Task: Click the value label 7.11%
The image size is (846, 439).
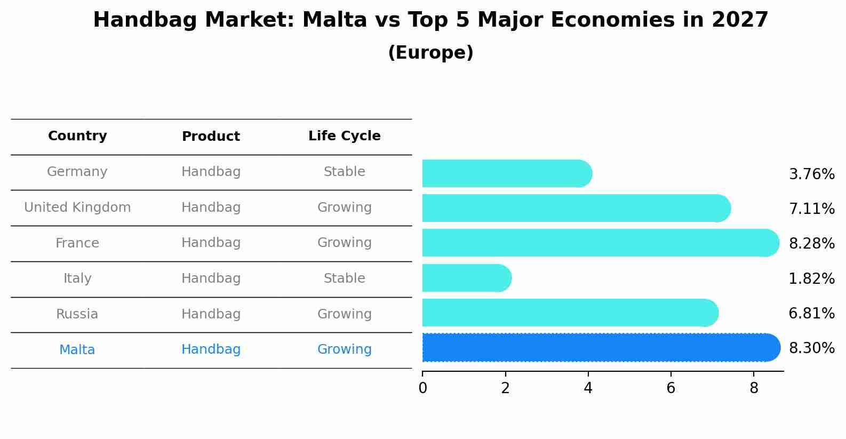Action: coord(811,209)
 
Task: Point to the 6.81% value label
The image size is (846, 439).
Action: coord(811,313)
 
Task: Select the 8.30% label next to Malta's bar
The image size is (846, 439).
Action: coord(811,348)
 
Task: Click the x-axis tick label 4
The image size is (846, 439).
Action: coord(588,388)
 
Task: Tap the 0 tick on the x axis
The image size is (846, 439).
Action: coord(422,388)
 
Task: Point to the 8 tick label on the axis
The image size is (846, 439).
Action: coord(753,388)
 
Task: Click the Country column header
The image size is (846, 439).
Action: coord(77,136)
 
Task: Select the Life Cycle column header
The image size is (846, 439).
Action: coord(344,136)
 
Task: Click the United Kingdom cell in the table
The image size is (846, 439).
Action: coord(77,207)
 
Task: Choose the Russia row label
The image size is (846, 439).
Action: coord(77,314)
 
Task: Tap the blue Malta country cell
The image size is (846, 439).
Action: coord(77,350)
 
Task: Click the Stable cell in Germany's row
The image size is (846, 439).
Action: coord(344,172)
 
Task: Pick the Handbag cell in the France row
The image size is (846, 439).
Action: coord(211,243)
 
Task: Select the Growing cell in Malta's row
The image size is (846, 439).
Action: coord(344,349)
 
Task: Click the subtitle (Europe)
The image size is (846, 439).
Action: coord(430,53)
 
